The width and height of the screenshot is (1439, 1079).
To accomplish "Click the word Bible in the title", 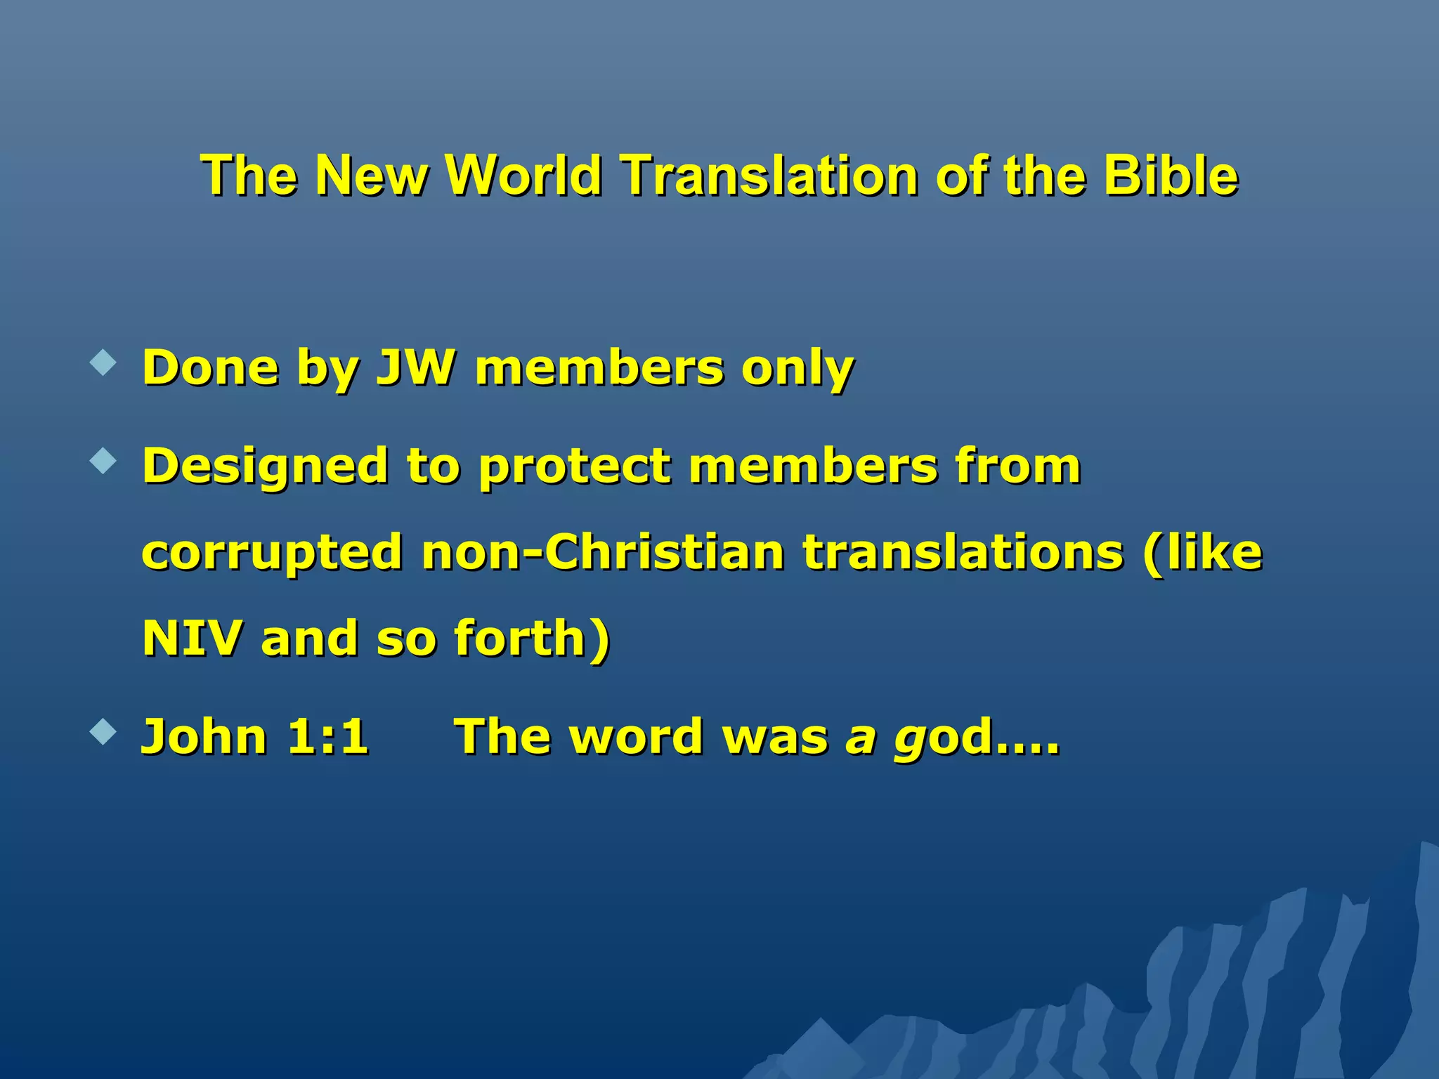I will pos(1170,175).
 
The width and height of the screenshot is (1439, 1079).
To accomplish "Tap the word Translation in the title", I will pos(769,175).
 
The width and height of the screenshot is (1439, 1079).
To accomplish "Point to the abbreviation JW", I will pos(416,367).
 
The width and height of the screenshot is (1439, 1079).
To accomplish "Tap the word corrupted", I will pos(272,554).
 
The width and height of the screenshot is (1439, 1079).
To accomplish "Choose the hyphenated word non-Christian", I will pos(602,552).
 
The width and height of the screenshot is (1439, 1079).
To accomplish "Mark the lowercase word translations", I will pos(963,552).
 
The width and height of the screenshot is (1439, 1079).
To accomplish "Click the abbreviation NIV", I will pos(193,638).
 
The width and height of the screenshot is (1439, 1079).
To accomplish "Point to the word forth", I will pos(520,638).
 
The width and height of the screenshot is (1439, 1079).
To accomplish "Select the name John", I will pos(204,736).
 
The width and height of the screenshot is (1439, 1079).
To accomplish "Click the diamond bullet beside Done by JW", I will pos(103,363).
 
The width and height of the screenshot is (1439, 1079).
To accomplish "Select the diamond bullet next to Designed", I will pos(103,462).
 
